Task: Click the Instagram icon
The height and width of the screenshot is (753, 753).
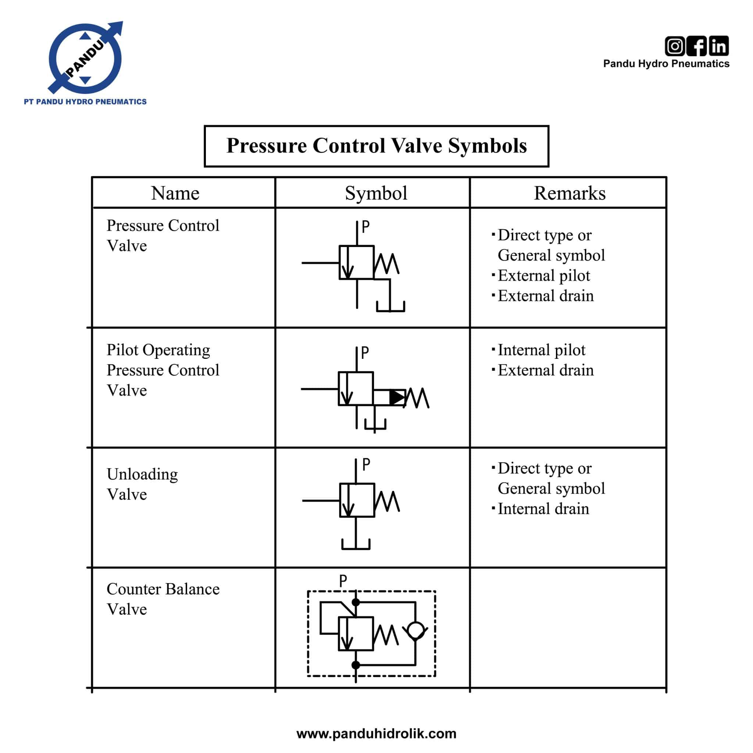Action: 675,46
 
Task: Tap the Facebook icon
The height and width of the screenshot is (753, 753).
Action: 696,46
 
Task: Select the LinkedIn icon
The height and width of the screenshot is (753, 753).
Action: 719,46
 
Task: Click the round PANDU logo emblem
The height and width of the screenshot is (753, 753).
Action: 85,58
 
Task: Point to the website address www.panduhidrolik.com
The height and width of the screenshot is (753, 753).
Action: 376,734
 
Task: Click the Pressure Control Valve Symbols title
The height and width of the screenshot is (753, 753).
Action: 376,146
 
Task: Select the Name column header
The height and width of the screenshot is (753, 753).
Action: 175,193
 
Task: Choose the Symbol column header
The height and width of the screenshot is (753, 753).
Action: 376,193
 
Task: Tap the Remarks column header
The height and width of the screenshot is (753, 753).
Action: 569,193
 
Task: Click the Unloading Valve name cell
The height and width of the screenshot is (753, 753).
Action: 142,484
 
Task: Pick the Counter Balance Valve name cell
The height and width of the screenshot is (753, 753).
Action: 163,599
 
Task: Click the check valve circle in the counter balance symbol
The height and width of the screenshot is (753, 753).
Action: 415,630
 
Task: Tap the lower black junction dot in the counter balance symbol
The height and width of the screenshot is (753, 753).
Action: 356,665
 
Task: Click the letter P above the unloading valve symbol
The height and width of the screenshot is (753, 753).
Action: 365,465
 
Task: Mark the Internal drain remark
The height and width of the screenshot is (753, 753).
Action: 543,509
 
